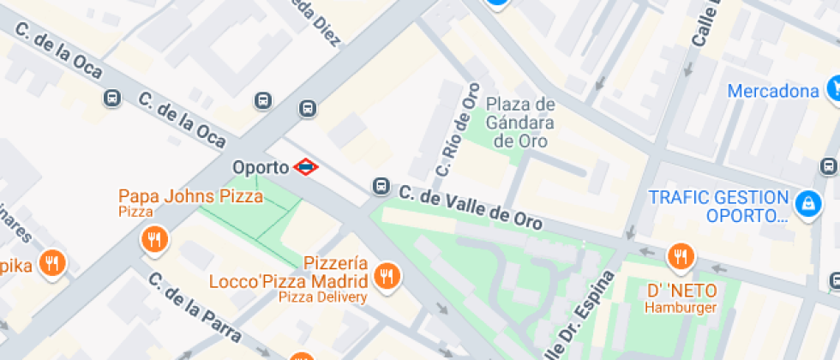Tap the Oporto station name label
click(261, 166)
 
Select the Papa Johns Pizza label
click(190, 196)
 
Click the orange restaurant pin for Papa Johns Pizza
click(154, 240)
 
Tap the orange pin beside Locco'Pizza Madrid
click(387, 275)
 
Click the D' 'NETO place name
click(681, 291)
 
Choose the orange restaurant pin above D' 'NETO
click(681, 255)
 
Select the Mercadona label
click(773, 91)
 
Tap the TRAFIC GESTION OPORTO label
click(718, 206)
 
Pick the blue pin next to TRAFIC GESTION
click(806, 202)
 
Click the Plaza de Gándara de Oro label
click(520, 123)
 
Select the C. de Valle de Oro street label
click(471, 208)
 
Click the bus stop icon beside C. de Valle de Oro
click(380, 186)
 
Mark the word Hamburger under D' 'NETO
click(681, 308)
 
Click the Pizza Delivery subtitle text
click(322, 297)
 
